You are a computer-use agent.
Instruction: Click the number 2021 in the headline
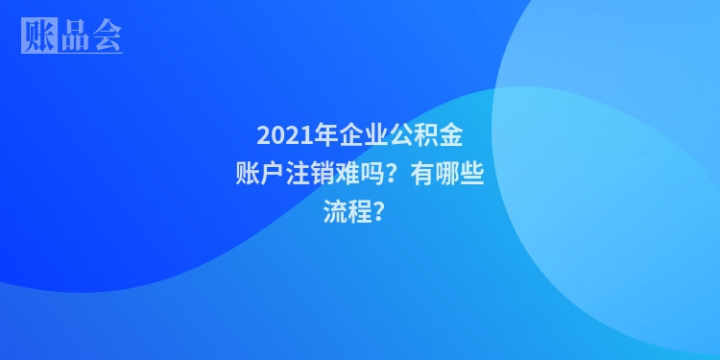click(280, 134)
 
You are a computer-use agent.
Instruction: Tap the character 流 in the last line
click(335, 213)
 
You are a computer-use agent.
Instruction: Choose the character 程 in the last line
click(360, 213)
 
